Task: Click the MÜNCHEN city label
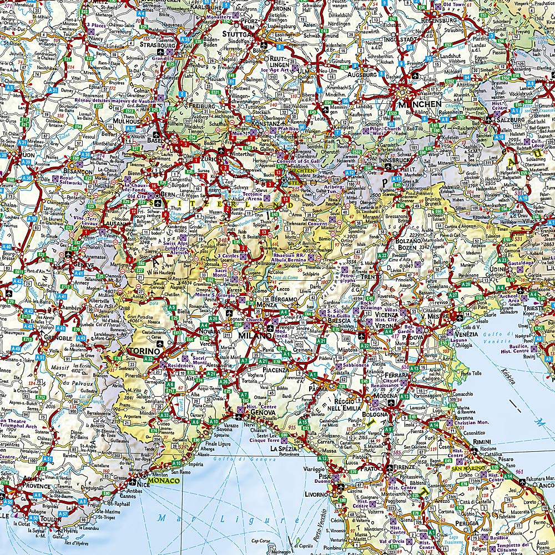(418, 104)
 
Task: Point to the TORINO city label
(144, 351)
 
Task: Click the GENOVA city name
(264, 413)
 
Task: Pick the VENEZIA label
(466, 334)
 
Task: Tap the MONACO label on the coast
(167, 481)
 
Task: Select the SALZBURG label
(509, 119)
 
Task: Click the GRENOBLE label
(54, 337)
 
